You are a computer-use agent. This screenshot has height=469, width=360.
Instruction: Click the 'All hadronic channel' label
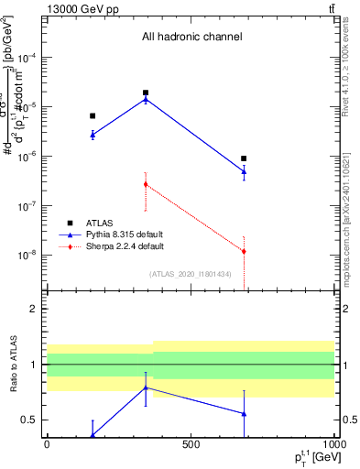coord(191,38)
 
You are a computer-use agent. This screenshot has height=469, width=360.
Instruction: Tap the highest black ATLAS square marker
coord(146,93)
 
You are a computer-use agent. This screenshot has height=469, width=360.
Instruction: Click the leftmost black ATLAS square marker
coord(93,115)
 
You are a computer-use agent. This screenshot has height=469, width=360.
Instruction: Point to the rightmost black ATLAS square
coord(244,158)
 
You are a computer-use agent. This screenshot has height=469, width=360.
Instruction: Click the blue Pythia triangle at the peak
coord(146,99)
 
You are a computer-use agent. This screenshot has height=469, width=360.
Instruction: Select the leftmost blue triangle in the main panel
coord(93,135)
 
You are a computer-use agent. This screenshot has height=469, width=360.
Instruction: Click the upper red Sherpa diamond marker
coord(146,184)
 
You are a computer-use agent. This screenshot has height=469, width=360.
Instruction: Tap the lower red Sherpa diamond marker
coord(244,251)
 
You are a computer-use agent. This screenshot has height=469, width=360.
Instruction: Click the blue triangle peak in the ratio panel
coord(146,387)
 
